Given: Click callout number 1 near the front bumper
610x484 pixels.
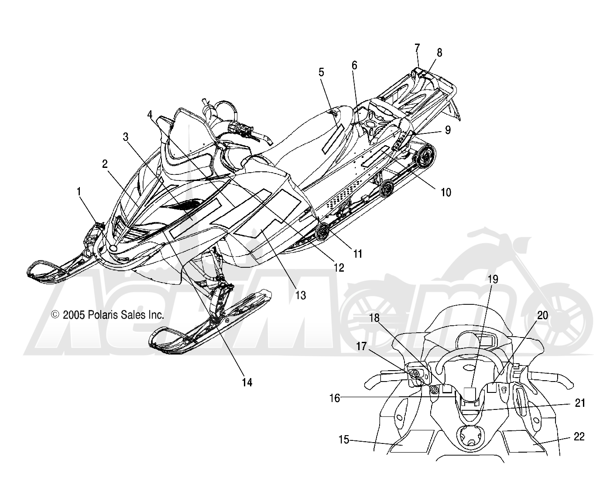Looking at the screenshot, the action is point(79,192).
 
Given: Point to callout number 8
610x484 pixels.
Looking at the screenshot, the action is point(439,53).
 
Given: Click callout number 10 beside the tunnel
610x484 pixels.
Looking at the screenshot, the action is point(446,193).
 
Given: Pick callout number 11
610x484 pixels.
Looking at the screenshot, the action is point(358,254).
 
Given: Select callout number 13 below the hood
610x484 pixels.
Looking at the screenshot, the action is point(301,296).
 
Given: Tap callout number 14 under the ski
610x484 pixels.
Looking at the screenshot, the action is point(247,382).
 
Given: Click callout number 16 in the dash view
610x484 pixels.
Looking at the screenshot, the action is point(335,398).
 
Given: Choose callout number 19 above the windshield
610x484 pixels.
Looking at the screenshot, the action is point(493,279).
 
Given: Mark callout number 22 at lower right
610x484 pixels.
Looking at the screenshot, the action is point(579,436).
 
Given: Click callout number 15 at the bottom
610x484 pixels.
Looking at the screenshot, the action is point(344,440).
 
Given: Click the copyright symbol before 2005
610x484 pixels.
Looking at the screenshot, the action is point(55,314).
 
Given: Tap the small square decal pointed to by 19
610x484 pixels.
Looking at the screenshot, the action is point(469,394).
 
